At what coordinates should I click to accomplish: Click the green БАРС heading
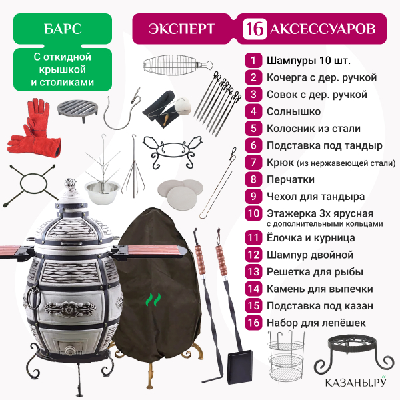[63, 29]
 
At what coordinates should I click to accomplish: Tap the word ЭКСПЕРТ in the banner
[181, 29]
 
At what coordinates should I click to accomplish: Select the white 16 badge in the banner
[255, 29]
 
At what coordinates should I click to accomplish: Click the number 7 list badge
[253, 162]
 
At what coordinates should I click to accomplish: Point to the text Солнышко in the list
[293, 111]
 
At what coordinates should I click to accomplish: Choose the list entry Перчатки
[291, 179]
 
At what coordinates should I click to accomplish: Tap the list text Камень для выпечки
[320, 289]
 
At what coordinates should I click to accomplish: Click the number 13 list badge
[253, 272]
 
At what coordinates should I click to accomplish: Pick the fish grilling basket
[177, 65]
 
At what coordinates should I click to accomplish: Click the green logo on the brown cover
[153, 299]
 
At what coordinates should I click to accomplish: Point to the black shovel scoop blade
[239, 367]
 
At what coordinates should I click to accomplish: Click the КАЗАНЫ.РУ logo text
[355, 382]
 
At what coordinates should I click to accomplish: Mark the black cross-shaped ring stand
[31, 184]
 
